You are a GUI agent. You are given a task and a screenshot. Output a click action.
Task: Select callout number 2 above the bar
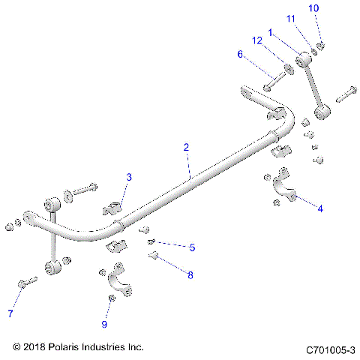pyautogui.click(x=186, y=148)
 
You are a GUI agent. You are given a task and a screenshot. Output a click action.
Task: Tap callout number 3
pyautogui.click(x=129, y=177)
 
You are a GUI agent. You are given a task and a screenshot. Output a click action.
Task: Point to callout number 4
pyautogui.click(x=320, y=208)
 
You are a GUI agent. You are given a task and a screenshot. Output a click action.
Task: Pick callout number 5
pyautogui.click(x=192, y=247)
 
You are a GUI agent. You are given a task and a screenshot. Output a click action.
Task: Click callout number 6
pyautogui.click(x=240, y=54)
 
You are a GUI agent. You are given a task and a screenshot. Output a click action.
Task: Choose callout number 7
pyautogui.click(x=10, y=313)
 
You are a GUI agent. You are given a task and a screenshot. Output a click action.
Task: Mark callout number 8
pyautogui.click(x=190, y=275)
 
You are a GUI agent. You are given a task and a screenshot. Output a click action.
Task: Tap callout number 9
pyautogui.click(x=105, y=324)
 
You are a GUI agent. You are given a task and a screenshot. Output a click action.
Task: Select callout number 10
pyautogui.click(x=313, y=7)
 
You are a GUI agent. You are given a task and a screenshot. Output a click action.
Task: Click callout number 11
pyautogui.click(x=290, y=18)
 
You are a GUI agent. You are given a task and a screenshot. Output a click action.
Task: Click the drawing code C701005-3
pyautogui.click(x=330, y=349)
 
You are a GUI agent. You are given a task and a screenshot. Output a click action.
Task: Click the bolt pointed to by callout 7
pyautogui.click(x=26, y=283)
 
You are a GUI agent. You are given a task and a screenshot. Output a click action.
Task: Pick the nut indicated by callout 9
pyautogui.click(x=111, y=298)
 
